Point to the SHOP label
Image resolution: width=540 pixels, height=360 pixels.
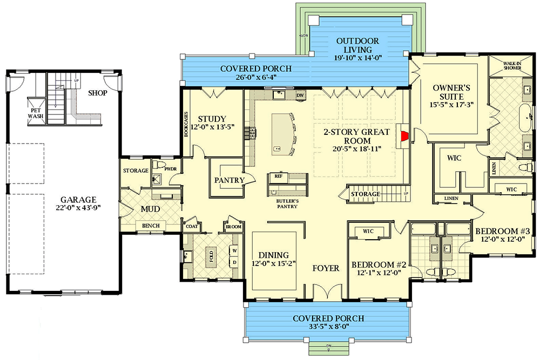pyautogui.click(x=97, y=93)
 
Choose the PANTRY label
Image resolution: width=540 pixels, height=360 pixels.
pyautogui.click(x=229, y=180)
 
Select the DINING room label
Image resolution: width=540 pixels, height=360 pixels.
pyautogui.click(x=274, y=255)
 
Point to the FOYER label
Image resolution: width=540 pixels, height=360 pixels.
pyautogui.click(x=326, y=268)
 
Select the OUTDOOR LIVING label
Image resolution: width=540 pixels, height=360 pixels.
pyautogui.click(x=357, y=45)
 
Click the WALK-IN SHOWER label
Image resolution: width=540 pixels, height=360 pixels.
pyautogui.click(x=512, y=66)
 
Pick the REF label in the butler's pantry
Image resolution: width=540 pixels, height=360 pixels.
pyautogui.click(x=279, y=176)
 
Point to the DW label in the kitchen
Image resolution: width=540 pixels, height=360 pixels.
pyautogui.click(x=300, y=95)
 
